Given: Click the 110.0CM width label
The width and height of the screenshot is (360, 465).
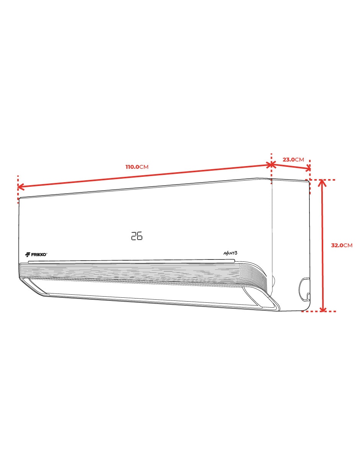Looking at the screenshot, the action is [x=137, y=167].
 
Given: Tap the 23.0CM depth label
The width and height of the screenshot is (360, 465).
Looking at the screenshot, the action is [x=293, y=160].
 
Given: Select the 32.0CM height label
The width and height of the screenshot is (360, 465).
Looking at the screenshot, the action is [x=342, y=245].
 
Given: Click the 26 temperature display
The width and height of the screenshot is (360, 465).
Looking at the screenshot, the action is [x=137, y=236].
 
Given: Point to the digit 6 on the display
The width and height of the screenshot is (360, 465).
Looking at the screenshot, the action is [x=139, y=236].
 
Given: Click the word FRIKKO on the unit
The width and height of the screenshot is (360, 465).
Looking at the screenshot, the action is [x=39, y=255].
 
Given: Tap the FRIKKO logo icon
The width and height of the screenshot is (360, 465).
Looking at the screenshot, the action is [x=28, y=255].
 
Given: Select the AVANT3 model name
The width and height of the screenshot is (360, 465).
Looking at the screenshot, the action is [x=230, y=253].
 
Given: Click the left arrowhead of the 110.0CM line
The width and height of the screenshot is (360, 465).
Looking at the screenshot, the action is [x=19, y=187].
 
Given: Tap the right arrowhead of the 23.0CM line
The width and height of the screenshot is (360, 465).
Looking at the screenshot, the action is [x=308, y=169].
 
